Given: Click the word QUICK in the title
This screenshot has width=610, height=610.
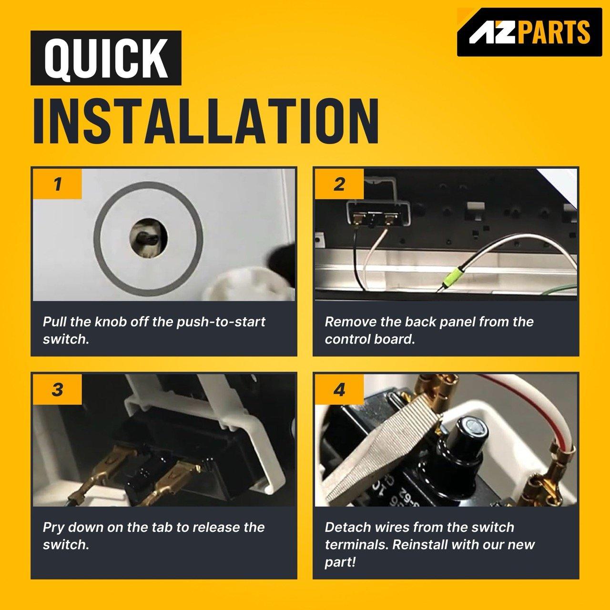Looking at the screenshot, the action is pos(106,58).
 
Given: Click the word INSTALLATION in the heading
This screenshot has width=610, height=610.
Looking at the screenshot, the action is pos(206,121).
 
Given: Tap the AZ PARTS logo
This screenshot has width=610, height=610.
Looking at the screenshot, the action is pos(529,32).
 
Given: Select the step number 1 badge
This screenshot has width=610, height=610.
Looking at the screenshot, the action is pos(57,184).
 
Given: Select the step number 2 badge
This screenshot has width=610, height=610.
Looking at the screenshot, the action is pos(339,184).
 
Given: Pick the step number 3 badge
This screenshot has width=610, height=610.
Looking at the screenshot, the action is pos(57,389).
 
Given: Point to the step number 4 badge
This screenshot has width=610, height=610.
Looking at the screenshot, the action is pos(339,389).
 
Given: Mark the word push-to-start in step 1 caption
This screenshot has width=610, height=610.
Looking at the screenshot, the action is pos(221,322).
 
